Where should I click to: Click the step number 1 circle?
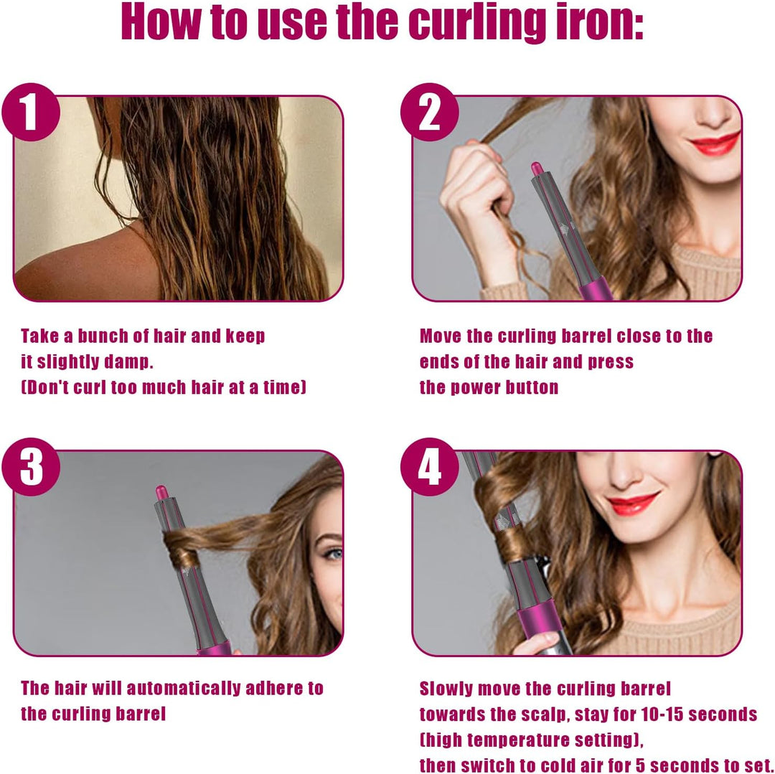pos(31,112)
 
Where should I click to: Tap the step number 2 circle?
pos(430,112)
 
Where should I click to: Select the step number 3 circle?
pos(31,467)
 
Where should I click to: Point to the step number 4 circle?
pos(430,467)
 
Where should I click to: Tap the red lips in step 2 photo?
pos(715,143)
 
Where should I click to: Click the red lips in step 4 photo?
pos(634,503)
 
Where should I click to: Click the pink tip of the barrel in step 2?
pos(537,169)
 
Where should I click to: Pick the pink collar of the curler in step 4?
pos(540,623)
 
